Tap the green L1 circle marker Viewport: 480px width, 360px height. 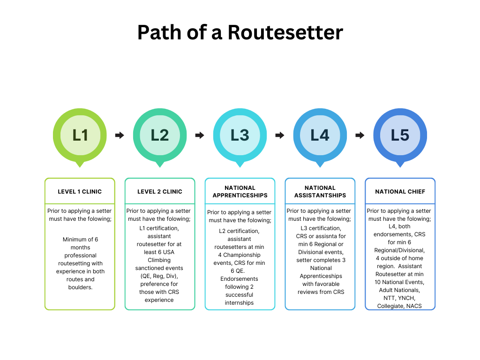(80, 135)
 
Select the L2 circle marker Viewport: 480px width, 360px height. (160, 135)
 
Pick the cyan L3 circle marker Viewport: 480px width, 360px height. (240, 135)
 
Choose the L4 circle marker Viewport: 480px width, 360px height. (320, 135)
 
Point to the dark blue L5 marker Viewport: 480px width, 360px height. (400, 135)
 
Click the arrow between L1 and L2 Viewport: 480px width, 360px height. (120, 135)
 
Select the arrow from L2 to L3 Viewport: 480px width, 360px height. (200, 135)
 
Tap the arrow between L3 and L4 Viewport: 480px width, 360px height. (280, 135)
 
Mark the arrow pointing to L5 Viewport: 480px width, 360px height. (360, 135)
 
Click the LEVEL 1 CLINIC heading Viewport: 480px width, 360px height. (80, 191)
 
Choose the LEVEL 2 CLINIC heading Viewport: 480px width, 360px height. (160, 191)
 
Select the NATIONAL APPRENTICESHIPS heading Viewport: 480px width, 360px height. (240, 191)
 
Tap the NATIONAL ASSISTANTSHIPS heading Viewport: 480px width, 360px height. (320, 191)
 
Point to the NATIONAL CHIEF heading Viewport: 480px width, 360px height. (400, 191)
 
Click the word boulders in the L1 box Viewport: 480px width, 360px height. (80, 287)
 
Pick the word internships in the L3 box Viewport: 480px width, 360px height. (240, 303)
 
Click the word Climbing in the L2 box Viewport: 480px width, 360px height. (159, 260)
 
